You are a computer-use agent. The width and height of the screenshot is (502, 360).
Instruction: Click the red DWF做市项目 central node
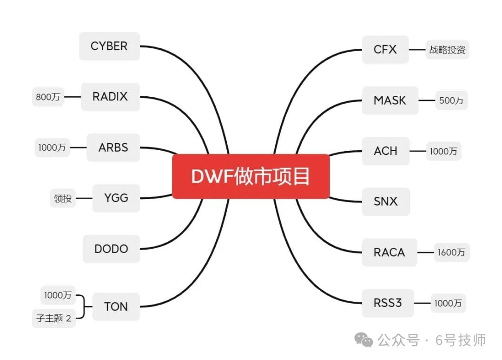[251, 177]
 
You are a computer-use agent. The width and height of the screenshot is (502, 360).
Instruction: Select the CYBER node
[109, 46]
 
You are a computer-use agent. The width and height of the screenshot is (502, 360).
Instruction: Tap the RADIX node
[110, 97]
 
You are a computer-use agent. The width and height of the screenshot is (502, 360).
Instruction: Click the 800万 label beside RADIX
[48, 97]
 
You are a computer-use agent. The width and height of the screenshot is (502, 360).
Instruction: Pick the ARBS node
[113, 147]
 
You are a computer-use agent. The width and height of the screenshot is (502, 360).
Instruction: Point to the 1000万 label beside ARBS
[52, 148]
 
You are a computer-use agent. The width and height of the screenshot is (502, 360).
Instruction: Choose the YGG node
[116, 198]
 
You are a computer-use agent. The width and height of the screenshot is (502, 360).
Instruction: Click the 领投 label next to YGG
[63, 199]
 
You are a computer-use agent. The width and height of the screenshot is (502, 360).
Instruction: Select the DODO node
[111, 249]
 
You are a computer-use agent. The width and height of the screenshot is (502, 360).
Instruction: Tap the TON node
[116, 307]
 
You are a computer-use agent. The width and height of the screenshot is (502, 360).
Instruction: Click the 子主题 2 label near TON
[54, 319]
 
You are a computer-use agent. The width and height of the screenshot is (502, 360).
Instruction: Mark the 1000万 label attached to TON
[58, 295]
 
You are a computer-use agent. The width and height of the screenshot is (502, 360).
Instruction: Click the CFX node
[385, 49]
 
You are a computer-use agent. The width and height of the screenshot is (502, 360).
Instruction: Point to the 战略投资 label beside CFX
[447, 50]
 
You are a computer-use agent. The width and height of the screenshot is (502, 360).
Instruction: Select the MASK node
[390, 100]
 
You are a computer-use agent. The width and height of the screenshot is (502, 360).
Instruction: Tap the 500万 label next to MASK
[451, 100]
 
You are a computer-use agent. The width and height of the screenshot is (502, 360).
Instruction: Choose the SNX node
[386, 201]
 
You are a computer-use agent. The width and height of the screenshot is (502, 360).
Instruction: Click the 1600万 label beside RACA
[451, 253]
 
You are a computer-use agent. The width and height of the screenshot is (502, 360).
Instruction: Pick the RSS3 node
[388, 303]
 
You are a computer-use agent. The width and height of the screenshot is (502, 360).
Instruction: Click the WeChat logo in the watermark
[364, 340]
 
